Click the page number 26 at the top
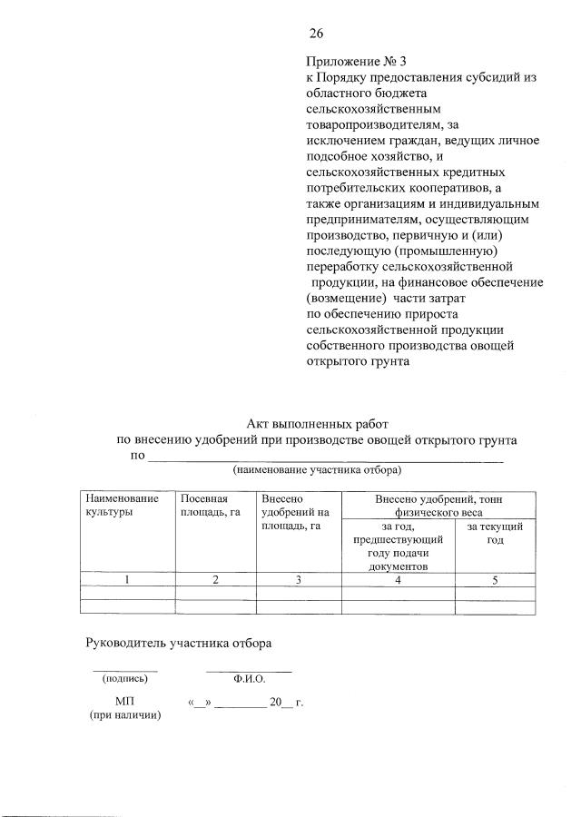coord(316,34)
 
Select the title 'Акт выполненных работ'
coord(317,423)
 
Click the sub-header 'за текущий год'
coord(495,533)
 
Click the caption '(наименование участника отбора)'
coord(317,470)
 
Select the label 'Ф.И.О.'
coord(248,677)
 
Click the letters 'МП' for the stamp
coord(124,701)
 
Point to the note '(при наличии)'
coord(124,715)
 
